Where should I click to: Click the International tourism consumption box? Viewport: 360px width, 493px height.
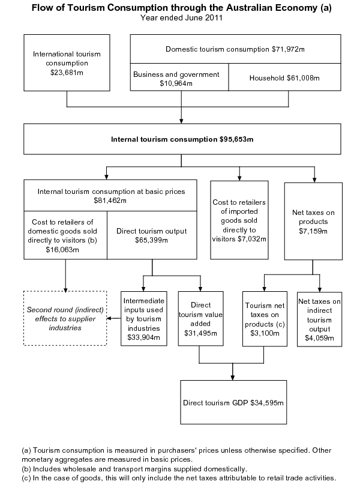67,62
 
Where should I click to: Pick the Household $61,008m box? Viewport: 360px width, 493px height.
286,78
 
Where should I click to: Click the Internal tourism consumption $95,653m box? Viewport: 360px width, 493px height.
182,139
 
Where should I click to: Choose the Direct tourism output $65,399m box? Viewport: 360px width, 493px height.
152,235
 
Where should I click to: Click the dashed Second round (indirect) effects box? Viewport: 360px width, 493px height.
65,318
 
